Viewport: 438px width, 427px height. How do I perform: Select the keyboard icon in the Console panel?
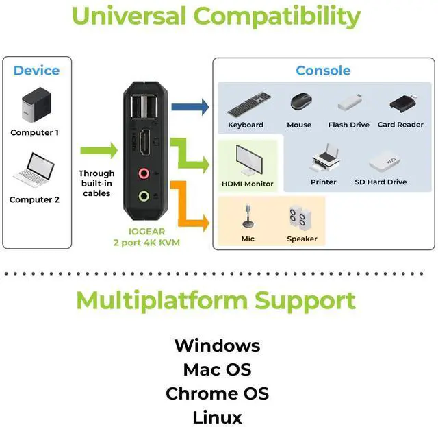coord(246,107)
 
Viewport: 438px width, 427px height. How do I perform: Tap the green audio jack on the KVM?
coord(144,196)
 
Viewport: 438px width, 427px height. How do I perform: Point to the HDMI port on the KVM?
coord(145,143)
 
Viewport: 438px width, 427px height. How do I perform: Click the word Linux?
coord(217,417)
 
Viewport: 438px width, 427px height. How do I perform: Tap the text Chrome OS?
coord(217,394)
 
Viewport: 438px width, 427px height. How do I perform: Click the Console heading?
coord(323,71)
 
